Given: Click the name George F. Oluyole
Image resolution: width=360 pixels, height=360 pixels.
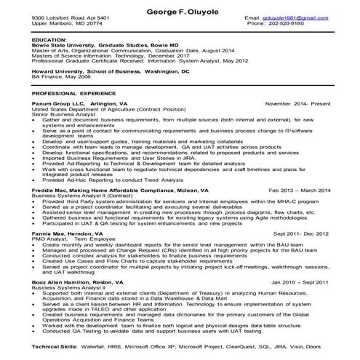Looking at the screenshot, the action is coord(180,6).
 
